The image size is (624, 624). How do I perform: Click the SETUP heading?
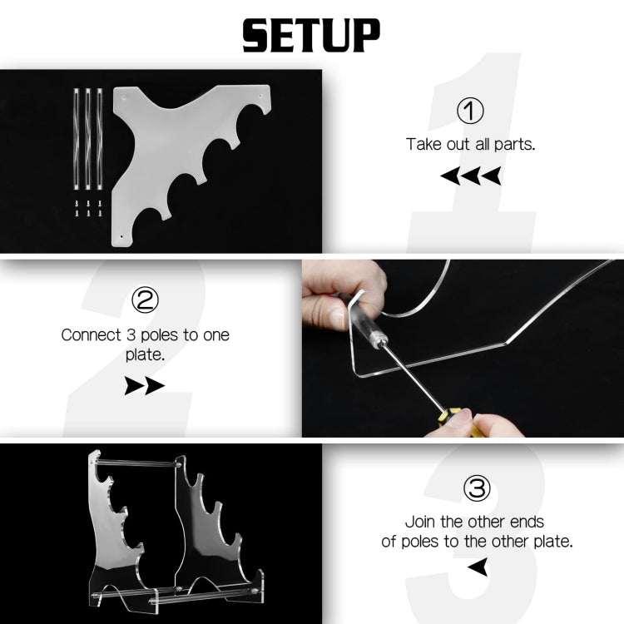312,36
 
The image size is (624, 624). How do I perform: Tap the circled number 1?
470,111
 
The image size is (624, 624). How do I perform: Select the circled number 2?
145,300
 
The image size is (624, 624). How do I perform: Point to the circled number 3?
477,488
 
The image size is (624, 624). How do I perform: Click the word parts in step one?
514,145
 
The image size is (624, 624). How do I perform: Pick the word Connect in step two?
91,335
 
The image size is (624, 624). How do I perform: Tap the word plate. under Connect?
145,355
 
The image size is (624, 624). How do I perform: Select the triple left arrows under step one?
470,176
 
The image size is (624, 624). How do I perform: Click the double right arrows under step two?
145,385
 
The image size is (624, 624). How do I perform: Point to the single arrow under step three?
478,567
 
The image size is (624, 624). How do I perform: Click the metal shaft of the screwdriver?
412,377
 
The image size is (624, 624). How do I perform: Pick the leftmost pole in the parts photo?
77,138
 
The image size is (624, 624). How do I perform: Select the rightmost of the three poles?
100,138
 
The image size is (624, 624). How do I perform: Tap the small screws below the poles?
88,208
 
